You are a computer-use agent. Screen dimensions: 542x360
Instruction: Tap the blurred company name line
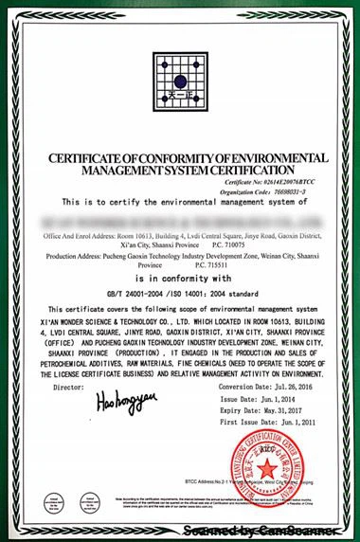180,219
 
